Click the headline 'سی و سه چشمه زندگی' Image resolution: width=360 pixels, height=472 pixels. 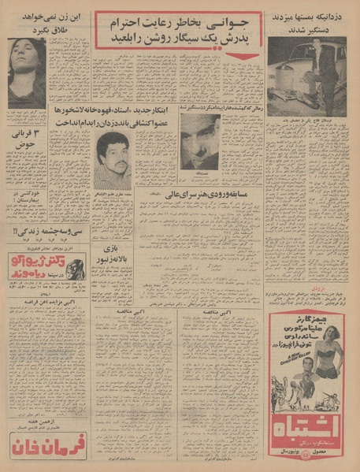point(47,232)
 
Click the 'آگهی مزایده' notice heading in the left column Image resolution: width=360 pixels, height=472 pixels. point(47,304)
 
